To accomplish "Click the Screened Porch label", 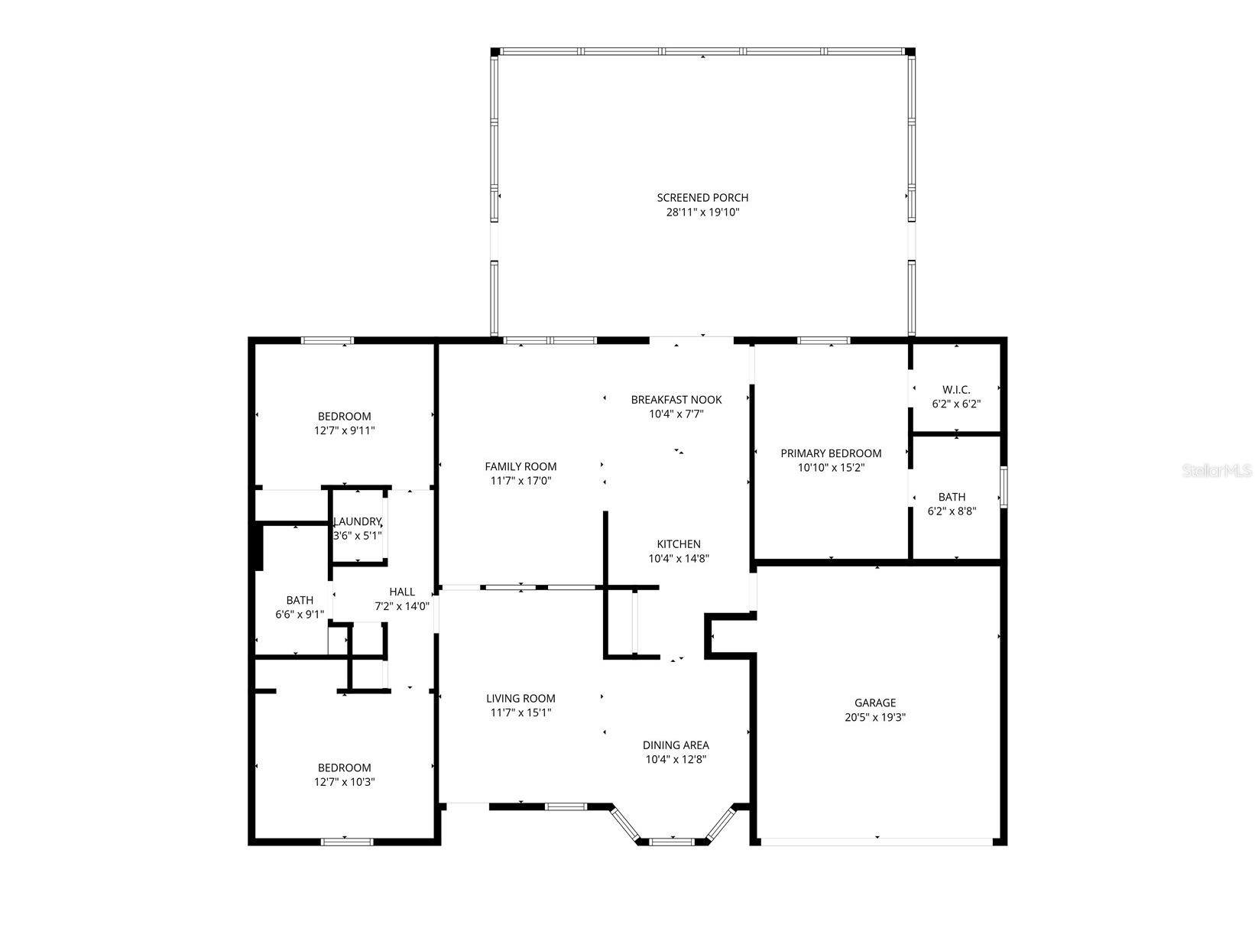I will pyautogui.click(x=702, y=198).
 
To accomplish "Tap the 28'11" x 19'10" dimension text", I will pyautogui.click(x=702, y=213).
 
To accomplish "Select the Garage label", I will pyautogui.click(x=875, y=703).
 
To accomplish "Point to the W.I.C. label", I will pyautogui.click(x=956, y=390).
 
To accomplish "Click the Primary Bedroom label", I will pyautogui.click(x=831, y=453).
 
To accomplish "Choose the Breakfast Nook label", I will pyautogui.click(x=676, y=400).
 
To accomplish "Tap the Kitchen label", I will pyautogui.click(x=679, y=544).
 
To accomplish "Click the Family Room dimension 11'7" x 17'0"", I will pyautogui.click(x=520, y=481).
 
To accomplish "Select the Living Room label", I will pyautogui.click(x=520, y=698).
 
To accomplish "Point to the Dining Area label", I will pyautogui.click(x=676, y=745).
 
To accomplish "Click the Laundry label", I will pyautogui.click(x=357, y=521).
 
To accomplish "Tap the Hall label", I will pyautogui.click(x=402, y=592).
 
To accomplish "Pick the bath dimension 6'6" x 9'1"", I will pyautogui.click(x=300, y=615).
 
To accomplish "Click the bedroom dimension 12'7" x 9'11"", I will pyautogui.click(x=345, y=430).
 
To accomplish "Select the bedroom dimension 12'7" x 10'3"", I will pyautogui.click(x=345, y=782).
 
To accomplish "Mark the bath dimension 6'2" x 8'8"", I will pyautogui.click(x=952, y=511).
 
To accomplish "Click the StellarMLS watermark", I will pyautogui.click(x=1218, y=471).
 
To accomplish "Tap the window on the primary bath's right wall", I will pyautogui.click(x=1004, y=486).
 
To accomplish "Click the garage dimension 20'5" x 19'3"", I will pyautogui.click(x=875, y=718).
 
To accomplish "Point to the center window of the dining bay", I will pyautogui.click(x=672, y=842).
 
